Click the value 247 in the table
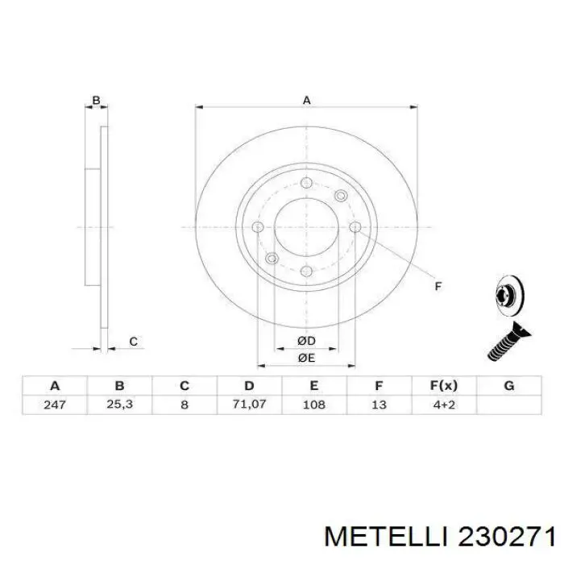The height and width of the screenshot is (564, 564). (55, 404)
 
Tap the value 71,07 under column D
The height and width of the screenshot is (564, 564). (249, 404)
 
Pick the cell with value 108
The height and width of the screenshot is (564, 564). (314, 404)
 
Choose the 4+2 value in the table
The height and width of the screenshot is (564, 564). (444, 404)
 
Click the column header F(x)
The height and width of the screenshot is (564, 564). (444, 385)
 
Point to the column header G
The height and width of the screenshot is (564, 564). (508, 385)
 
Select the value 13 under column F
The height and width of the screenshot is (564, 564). (379, 404)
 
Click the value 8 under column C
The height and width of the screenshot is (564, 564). (185, 404)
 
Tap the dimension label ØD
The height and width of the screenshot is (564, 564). (306, 342)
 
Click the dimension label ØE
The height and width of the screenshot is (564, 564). (306, 358)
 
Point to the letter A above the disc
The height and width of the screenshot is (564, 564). (306, 100)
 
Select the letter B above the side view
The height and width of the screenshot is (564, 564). (96, 101)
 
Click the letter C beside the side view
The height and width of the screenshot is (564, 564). (133, 342)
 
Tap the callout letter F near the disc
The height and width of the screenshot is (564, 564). (438, 286)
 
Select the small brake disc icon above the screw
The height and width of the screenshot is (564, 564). (505, 296)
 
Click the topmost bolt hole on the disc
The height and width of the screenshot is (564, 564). (306, 182)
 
